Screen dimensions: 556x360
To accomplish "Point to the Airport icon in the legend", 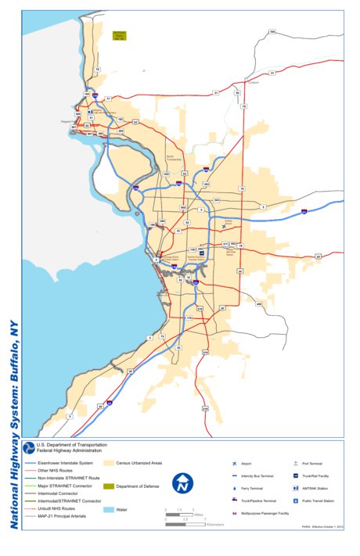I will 234,464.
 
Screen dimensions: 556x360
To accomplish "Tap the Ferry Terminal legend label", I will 251,488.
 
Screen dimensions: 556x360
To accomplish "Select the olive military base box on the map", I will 120,35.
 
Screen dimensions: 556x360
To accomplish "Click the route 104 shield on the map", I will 272,32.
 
